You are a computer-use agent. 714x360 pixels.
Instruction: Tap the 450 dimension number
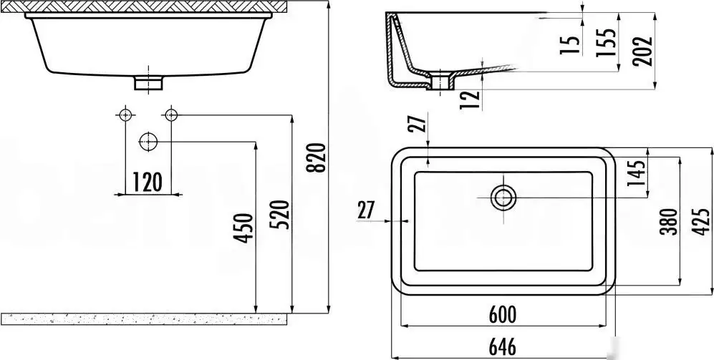tap(245, 228)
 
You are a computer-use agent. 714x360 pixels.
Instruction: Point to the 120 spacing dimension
tap(147, 182)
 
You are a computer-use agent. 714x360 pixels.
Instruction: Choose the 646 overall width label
tap(502, 347)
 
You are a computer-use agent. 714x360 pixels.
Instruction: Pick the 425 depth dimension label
tap(702, 221)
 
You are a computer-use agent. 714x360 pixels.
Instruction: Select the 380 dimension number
tap(667, 222)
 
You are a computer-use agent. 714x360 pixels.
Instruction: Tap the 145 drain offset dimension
tap(636, 173)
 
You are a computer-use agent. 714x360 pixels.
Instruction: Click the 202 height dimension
tap(643, 51)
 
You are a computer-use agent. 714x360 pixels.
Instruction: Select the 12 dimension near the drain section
tap(470, 99)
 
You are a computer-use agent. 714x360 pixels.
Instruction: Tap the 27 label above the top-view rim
tap(417, 122)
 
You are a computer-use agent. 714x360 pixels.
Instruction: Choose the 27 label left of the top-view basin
tap(366, 210)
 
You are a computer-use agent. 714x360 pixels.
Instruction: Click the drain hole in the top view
tap(503, 198)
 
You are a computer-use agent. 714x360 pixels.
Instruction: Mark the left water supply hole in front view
tap(125, 115)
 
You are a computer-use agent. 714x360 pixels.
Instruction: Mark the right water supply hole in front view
tap(171, 115)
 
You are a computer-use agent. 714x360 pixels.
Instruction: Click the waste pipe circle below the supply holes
tap(148, 142)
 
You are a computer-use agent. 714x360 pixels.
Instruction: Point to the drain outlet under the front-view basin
tap(148, 83)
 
